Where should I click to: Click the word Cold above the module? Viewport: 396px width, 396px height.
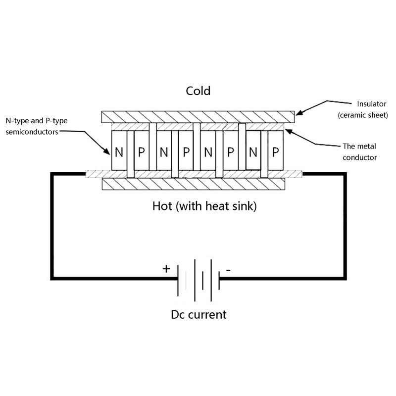pos(198,91)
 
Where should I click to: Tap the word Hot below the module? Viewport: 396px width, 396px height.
pos(162,206)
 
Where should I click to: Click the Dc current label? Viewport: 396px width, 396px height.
pos(198,314)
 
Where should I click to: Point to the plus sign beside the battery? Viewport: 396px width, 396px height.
pos(166,269)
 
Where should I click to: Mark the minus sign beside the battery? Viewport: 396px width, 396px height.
pos(228,270)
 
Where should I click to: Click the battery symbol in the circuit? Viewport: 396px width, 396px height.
pos(198,280)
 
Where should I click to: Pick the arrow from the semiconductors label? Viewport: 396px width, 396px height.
pos(94,140)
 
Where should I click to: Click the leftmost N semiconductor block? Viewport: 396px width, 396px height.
pos(119,151)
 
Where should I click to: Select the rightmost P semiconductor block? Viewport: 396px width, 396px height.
pos(275,151)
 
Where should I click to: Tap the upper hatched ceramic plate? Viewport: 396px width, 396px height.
pos(198,117)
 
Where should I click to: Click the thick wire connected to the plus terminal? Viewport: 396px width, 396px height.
pos(52,228)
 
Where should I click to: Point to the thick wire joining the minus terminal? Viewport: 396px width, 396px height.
pos(344,228)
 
